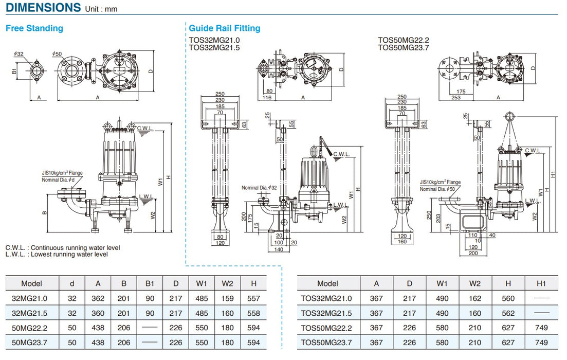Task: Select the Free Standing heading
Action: (34, 28)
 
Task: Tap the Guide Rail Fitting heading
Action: (225, 28)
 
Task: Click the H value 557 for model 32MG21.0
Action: (254, 298)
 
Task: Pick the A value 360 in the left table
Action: (98, 313)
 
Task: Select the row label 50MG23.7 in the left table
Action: (32, 343)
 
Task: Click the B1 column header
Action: (150, 283)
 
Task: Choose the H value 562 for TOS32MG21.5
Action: (508, 313)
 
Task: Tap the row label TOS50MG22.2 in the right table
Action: (327, 328)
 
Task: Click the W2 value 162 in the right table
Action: (474, 298)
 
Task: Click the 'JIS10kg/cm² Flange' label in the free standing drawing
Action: (62, 173)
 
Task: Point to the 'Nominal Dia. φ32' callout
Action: (259, 188)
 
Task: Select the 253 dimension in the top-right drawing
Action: (455, 97)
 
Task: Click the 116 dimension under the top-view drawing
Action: (266, 97)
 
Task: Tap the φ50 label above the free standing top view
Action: (57, 54)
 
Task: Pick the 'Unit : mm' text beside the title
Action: (101, 9)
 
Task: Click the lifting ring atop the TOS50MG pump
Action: (510, 116)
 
